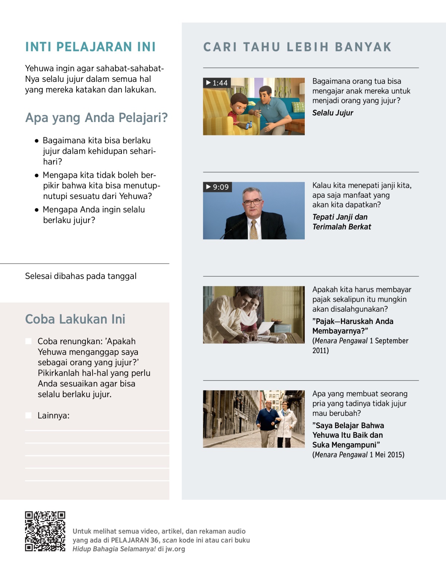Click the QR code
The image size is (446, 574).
point(45,531)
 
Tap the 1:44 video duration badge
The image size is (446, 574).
point(217,83)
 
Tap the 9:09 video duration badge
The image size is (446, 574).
point(217,187)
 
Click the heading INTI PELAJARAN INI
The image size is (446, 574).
point(90,47)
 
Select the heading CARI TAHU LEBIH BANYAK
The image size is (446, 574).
point(297,47)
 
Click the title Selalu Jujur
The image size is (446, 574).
point(333,113)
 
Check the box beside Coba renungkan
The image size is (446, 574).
point(28,341)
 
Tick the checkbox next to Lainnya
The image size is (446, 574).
point(28,415)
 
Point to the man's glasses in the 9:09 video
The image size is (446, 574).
point(252,202)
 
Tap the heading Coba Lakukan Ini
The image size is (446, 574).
point(75,319)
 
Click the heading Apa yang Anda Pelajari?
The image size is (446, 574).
point(96,118)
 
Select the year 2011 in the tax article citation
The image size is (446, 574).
point(320,350)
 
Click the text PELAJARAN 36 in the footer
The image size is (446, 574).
point(135,540)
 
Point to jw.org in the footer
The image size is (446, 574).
point(175,549)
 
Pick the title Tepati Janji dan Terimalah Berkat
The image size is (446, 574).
point(342,222)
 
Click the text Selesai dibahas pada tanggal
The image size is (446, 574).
point(81,276)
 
